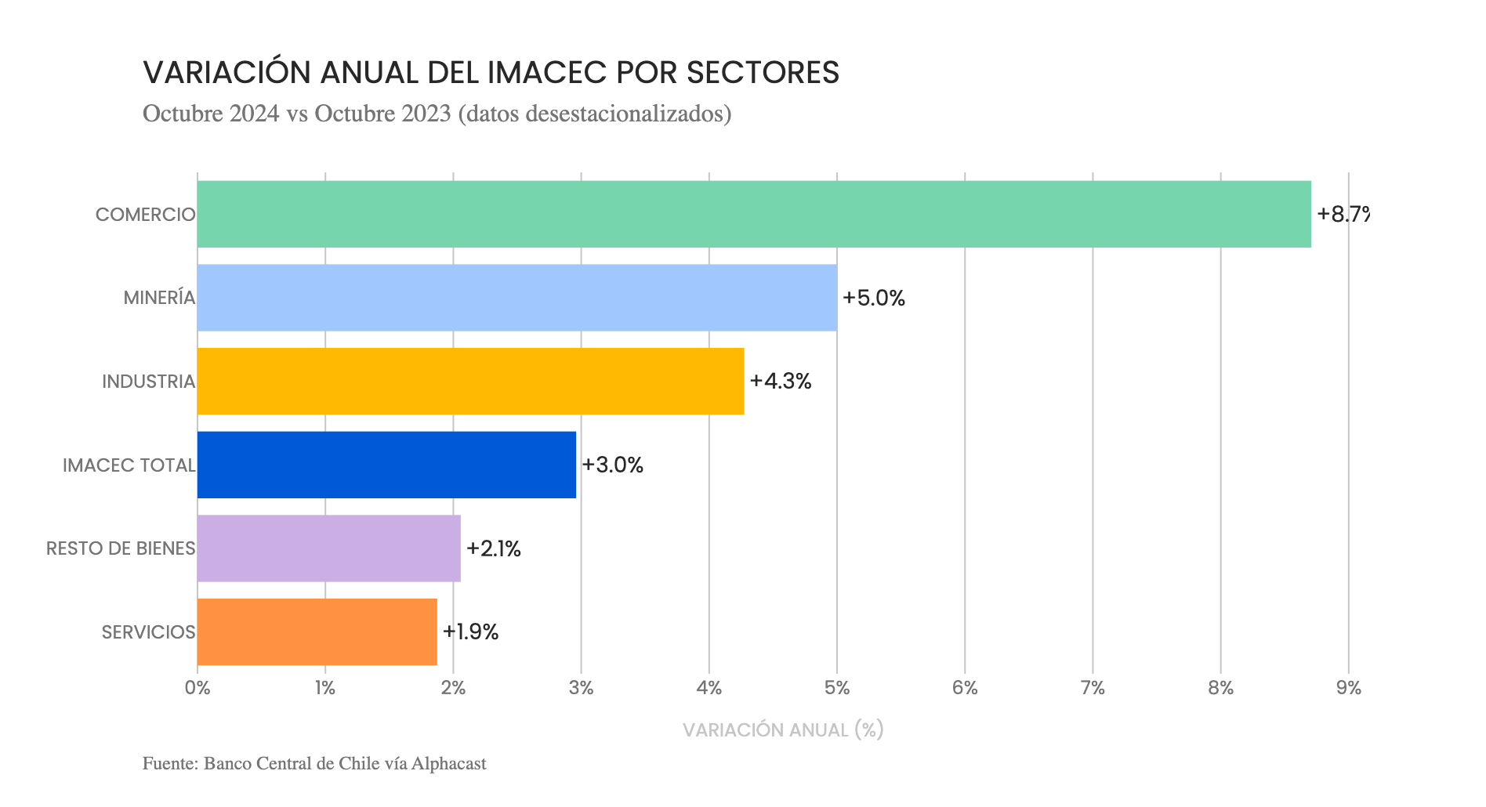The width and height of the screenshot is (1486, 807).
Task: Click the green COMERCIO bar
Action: click(753, 214)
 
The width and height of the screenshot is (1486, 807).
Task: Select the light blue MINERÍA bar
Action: click(516, 298)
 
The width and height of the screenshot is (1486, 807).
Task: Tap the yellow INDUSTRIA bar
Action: click(470, 381)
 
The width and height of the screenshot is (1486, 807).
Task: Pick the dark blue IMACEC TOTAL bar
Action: click(386, 465)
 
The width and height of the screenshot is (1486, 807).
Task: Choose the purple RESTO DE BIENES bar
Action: click(328, 548)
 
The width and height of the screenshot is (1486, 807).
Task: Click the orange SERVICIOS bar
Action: click(317, 631)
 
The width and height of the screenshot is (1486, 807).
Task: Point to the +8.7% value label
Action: click(1343, 214)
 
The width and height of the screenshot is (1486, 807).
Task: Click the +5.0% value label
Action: click(874, 298)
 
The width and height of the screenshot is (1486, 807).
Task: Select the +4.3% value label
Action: click(781, 381)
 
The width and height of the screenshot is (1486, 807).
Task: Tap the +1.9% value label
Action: click(470, 631)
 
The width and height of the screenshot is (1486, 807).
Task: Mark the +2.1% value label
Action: click(494, 548)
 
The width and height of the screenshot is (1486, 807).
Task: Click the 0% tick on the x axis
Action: click(198, 689)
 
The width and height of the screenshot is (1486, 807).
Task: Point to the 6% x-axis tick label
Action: click(965, 689)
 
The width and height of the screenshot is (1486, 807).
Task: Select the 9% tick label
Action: click(1349, 689)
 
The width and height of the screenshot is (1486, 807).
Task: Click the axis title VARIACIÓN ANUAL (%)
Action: click(783, 730)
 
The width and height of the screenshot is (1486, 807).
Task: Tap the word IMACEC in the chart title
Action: click(547, 73)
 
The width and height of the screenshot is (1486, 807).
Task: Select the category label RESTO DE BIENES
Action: click(121, 548)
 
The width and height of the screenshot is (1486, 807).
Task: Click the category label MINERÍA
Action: click(159, 298)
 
